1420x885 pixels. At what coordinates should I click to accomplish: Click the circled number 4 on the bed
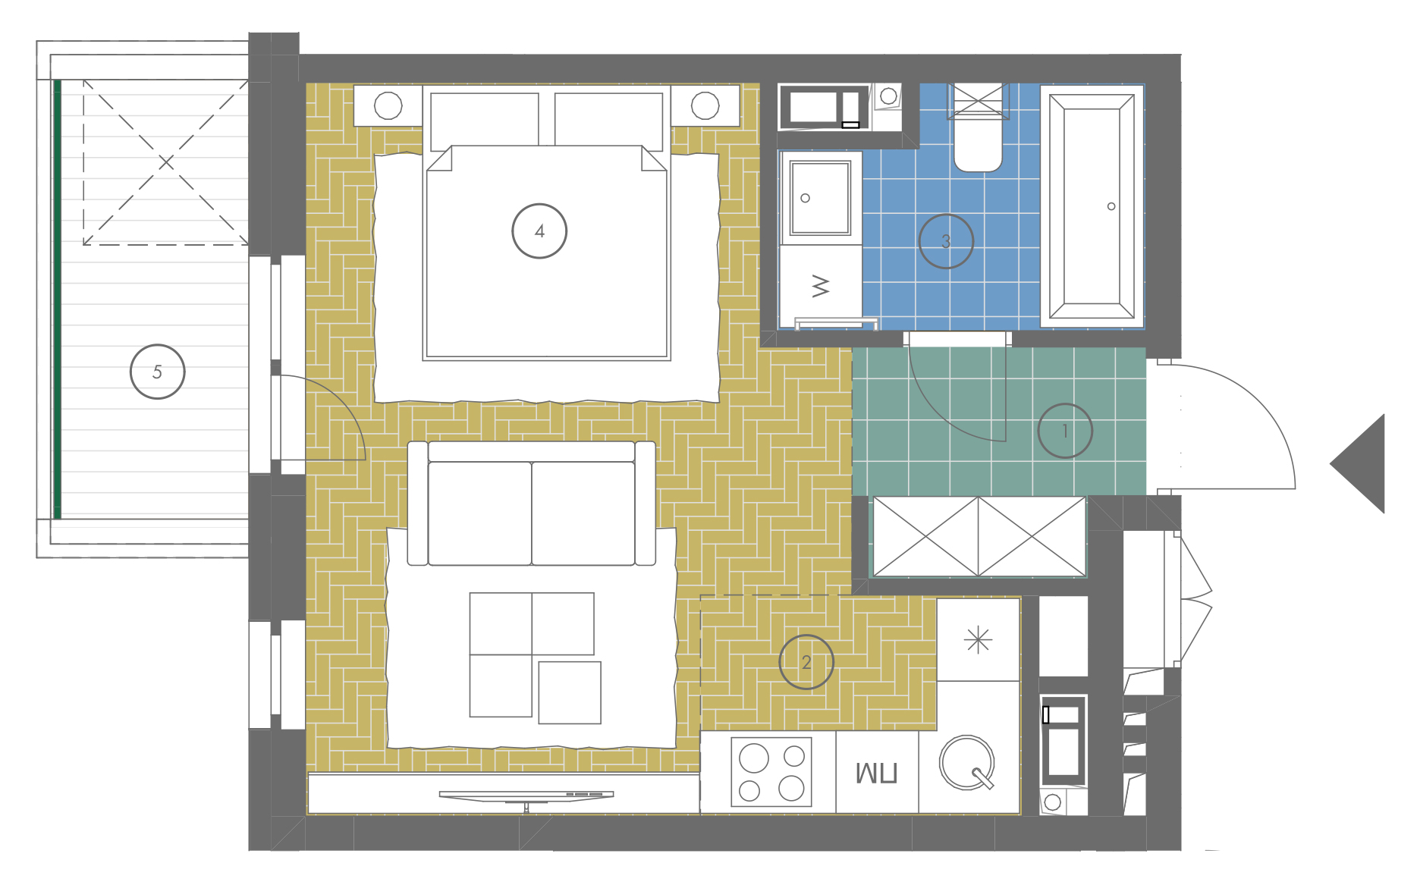pos(539,231)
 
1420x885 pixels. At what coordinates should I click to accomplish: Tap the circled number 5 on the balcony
pos(158,372)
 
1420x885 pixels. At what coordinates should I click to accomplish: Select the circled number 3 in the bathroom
pos(946,241)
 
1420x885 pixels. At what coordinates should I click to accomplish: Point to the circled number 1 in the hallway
pos(1065,431)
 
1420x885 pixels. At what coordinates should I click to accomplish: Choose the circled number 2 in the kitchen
pos(806,662)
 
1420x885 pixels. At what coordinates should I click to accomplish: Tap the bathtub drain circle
pos(1111,206)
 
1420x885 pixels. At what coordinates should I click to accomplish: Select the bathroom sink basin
pos(820,198)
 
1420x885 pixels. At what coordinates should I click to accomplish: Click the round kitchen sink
pos(967,762)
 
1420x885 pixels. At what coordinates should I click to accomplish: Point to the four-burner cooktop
pos(771,772)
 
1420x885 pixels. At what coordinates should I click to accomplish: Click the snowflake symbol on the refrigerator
pos(979,641)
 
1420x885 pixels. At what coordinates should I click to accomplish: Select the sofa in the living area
pos(532,504)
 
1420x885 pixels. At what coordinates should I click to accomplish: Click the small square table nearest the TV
pos(570,692)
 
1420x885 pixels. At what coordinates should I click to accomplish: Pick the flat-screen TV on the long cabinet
pos(526,796)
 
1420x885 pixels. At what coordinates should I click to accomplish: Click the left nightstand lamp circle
pos(388,105)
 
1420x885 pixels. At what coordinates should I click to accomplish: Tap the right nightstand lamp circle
pos(705,105)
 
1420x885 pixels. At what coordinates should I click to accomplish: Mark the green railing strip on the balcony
pos(57,299)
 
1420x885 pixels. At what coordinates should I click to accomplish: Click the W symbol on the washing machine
pos(821,286)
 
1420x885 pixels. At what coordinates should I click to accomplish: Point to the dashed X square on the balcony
pos(166,162)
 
